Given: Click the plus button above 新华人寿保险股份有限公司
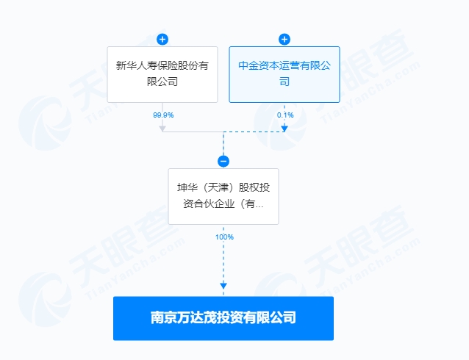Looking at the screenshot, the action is (x=162, y=39).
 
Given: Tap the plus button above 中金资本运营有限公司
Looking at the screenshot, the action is (x=284, y=39).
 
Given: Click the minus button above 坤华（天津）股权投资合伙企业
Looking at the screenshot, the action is (x=223, y=161).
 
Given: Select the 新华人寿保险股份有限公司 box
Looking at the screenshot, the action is (x=162, y=74).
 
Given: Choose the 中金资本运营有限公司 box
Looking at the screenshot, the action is (x=284, y=74).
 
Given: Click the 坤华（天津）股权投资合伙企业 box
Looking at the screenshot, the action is (x=223, y=196).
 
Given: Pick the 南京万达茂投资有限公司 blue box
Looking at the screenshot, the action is (x=223, y=318).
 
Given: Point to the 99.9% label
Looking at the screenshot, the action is (x=163, y=115).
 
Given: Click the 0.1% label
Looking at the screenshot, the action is (x=285, y=115).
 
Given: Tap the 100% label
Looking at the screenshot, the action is (x=224, y=237).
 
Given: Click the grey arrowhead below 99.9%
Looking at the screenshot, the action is (x=162, y=129).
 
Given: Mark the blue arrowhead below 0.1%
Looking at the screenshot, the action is (x=284, y=129).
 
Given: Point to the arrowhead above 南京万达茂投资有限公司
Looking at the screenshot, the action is (x=223, y=286).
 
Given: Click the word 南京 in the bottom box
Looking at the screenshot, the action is (x=163, y=317).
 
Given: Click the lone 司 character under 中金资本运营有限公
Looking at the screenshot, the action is (x=284, y=82).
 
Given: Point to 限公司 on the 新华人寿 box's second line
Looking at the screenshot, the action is (x=162, y=82).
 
